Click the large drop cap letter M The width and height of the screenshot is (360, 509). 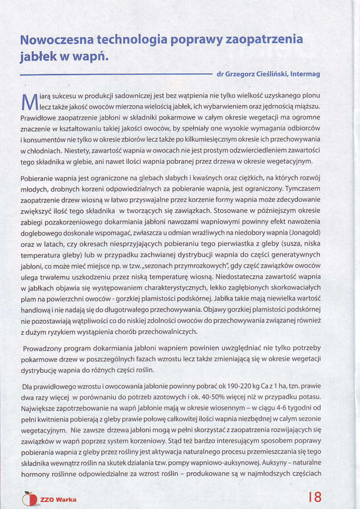pos(29,101)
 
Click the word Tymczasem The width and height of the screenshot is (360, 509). pos(302,188)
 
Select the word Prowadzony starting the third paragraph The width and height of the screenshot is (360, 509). pos(45,348)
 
